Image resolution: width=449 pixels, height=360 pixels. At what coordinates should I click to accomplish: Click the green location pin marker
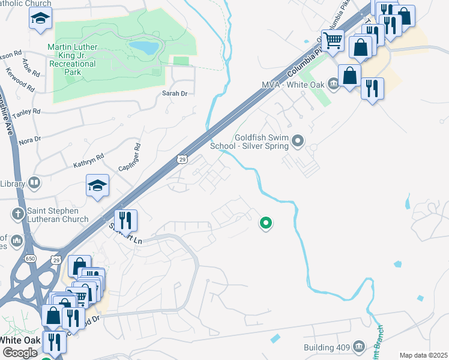tap(265, 223)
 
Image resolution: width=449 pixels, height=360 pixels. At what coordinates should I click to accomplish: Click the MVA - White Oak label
tap(292, 84)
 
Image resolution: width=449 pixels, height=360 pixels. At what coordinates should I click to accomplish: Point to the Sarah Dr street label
tap(175, 94)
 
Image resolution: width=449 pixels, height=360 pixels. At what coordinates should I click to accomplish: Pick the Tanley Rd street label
tap(26, 112)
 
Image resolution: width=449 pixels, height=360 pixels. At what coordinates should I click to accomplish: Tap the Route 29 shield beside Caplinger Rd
tap(183, 158)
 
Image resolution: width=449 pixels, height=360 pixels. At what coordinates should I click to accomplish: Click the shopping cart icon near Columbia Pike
tap(333, 40)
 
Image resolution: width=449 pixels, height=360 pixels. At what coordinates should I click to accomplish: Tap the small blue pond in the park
tap(143, 47)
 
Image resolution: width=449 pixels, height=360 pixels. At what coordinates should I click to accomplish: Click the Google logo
tap(20, 353)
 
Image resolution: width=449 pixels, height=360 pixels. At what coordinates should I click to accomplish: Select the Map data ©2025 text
tap(423, 355)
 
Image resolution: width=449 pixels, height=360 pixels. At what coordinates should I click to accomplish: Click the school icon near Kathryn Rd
tap(97, 185)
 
